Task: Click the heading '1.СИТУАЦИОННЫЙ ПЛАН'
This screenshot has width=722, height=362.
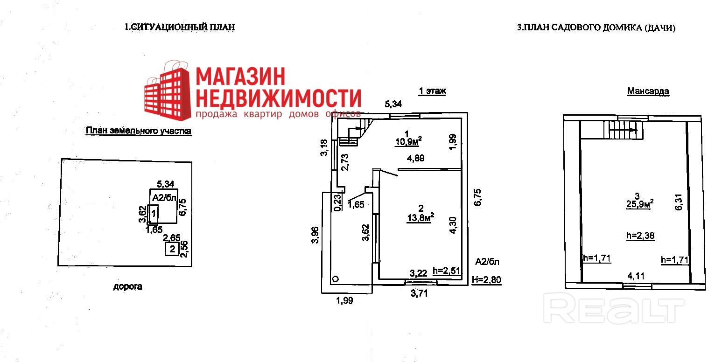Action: (180, 27)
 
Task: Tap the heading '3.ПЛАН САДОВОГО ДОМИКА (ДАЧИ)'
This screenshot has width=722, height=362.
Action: (596, 28)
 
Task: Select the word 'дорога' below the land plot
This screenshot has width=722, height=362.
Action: (127, 286)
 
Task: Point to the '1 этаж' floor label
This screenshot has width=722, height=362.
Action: (432, 91)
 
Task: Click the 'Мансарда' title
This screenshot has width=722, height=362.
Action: (648, 91)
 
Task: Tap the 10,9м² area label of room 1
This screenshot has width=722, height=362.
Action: (408, 141)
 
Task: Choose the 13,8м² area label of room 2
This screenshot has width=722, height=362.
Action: (421, 217)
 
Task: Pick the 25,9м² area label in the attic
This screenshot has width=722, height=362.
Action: (640, 204)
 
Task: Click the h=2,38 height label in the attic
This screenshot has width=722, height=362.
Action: (640, 236)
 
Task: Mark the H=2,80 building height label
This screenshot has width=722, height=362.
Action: (486, 280)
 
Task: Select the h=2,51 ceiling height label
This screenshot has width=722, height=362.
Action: (446, 271)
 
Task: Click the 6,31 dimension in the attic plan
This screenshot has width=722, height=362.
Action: (679, 202)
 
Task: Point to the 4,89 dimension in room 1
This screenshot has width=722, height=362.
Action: (415, 158)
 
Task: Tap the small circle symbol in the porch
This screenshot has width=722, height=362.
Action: (336, 279)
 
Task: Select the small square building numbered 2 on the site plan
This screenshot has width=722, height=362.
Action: (172, 249)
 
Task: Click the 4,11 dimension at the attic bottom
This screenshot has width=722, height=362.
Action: (636, 276)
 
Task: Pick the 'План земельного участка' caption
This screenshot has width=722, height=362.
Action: (139, 131)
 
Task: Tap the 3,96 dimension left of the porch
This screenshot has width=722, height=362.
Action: (315, 235)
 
